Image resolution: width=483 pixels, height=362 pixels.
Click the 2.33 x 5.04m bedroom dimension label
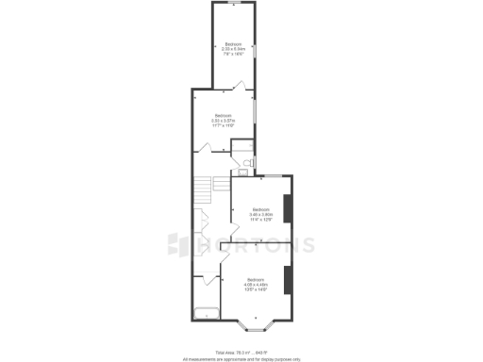point(233,50)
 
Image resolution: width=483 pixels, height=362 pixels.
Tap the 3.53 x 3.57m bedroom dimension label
point(223,123)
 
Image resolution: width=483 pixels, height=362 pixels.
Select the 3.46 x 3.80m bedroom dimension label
point(260,215)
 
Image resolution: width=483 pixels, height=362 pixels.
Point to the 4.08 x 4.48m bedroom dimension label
point(257,287)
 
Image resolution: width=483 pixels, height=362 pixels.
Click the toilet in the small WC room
point(243,164)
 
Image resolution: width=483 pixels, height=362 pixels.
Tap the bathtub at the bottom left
point(207,314)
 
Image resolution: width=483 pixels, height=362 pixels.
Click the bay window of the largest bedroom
point(257,329)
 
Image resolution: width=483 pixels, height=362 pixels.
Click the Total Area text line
point(241,351)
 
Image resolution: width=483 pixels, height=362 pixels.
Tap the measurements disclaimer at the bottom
point(241,358)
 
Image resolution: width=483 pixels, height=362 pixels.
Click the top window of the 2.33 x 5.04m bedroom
point(233,5)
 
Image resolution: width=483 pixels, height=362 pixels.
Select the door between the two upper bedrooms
point(241,88)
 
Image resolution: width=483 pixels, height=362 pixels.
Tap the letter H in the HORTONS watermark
point(204,245)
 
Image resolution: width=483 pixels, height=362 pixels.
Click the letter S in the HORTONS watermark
point(307,245)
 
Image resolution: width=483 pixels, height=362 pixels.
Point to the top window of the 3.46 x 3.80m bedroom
point(269,175)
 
